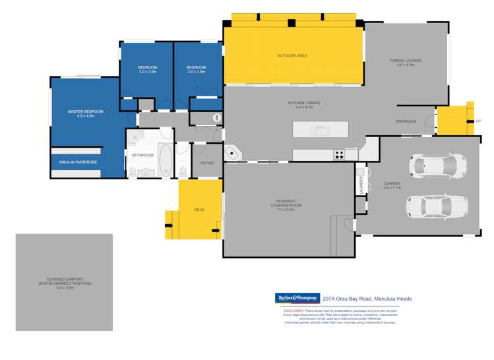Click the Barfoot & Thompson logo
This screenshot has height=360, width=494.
pyautogui.click(x=297, y=298)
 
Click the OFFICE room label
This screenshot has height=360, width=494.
pyautogui.click(x=208, y=163)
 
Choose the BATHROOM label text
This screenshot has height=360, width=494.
pyautogui.click(x=142, y=155)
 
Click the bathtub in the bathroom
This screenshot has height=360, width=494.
pyautogui.click(x=164, y=160)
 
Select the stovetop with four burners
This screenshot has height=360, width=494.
pyautogui.click(x=339, y=156)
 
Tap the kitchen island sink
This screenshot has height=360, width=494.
pyautogui.click(x=319, y=131)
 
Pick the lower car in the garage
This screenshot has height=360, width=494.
pyautogui.click(x=436, y=206)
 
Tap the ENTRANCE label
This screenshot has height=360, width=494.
pyautogui.click(x=406, y=122)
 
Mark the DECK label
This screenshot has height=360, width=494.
pyautogui.click(x=199, y=210)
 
